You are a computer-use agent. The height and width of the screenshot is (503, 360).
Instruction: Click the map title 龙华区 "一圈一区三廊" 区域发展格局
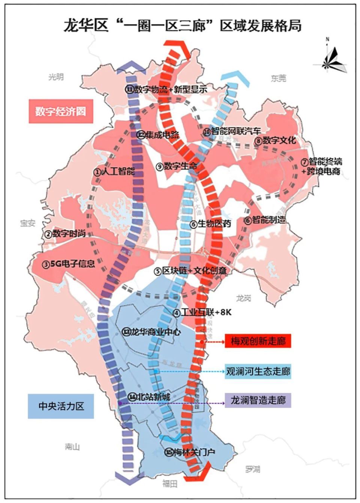pyautogui.click(x=182, y=26)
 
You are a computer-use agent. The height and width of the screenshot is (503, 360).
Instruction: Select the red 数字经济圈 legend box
pyautogui.click(x=60, y=111)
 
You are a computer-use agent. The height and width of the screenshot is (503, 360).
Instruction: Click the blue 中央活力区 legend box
pyautogui.click(x=61, y=406)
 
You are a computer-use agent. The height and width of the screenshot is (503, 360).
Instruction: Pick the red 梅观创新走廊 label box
pyautogui.click(x=258, y=341)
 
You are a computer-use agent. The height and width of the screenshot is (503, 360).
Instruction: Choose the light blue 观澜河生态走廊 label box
pyautogui.click(x=258, y=371)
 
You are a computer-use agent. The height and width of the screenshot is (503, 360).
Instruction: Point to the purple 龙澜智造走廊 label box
pyautogui.click(x=258, y=400)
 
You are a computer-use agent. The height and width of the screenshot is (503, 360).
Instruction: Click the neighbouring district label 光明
pyautogui.click(x=56, y=77)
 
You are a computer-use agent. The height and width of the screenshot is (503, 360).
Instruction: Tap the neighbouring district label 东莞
pyautogui.click(x=278, y=78)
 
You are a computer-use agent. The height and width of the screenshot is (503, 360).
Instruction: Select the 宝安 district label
pyautogui.click(x=28, y=223)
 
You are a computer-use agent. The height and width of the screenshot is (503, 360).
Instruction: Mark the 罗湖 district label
pyautogui.click(x=252, y=469)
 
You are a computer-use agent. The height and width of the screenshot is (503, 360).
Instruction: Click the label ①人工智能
pyautogui.click(x=114, y=171)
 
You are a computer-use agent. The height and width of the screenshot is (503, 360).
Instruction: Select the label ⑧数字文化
pyautogui.click(x=275, y=141)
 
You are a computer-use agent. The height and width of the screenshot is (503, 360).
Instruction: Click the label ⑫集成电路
pyautogui.click(x=158, y=135)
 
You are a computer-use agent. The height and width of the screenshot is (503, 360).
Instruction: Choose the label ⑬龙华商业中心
pyautogui.click(x=151, y=332)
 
